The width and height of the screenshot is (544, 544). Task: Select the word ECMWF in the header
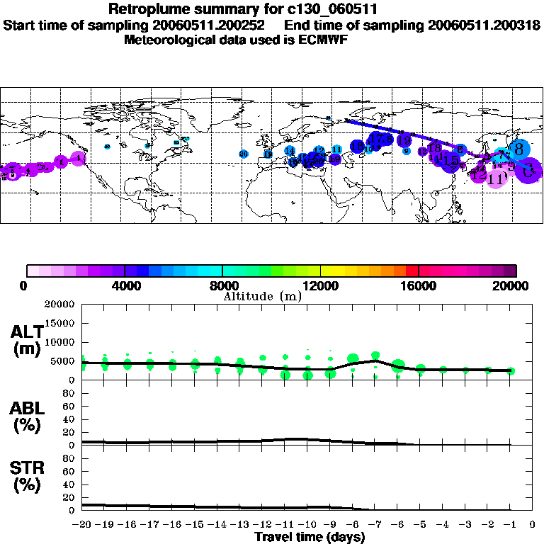coord(321,39)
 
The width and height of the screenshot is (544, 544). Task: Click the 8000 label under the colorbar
coord(222,286)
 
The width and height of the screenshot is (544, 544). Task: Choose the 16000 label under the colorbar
coord(419,286)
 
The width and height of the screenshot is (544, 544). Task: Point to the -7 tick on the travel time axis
coord(375,525)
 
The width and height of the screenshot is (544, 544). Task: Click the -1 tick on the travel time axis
coord(510,525)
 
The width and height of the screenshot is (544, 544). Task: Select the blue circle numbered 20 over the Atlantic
coord(243,154)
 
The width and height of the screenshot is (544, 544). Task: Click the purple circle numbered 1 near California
coord(79,158)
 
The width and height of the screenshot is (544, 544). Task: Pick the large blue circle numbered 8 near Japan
coord(519,149)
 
